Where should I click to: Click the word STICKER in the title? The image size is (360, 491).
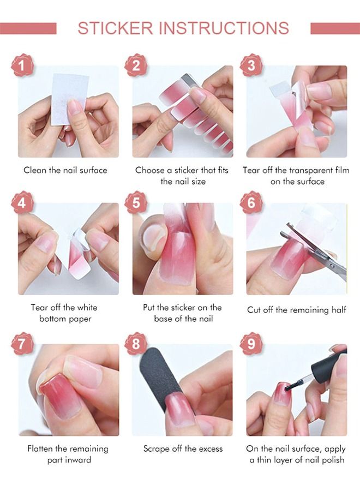(115, 28)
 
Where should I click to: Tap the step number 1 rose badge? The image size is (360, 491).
(22, 65)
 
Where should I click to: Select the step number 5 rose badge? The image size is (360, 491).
(136, 202)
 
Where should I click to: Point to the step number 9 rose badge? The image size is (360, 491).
(251, 344)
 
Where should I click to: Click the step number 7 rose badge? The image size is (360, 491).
(22, 344)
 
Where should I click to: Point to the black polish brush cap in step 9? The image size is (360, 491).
(329, 363)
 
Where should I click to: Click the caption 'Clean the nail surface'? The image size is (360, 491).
(65, 170)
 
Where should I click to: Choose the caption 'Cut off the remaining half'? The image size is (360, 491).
(296, 310)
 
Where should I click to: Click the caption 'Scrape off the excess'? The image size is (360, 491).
(183, 449)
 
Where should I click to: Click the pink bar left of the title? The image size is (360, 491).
(28, 28)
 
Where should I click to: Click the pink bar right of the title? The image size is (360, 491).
(335, 28)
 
